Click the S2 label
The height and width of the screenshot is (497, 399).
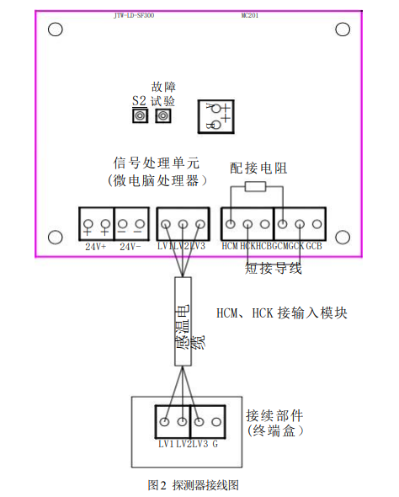[140, 99]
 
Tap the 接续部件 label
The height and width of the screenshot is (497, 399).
[274, 416]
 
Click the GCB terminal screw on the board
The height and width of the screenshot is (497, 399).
[317, 225]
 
